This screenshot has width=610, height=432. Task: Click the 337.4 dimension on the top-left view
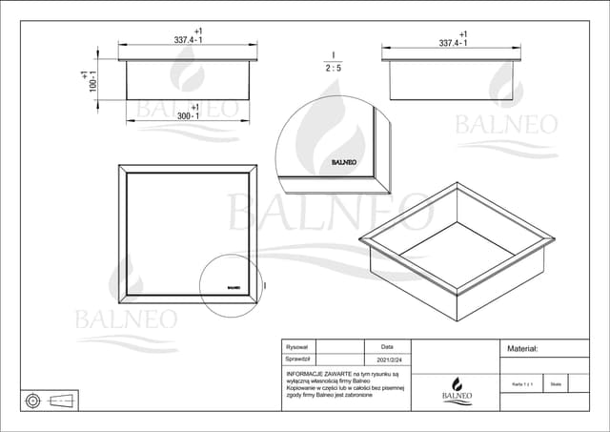coord(187,40)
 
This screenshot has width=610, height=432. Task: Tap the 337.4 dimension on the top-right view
coord(452,43)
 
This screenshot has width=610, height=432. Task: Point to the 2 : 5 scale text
coord(334,69)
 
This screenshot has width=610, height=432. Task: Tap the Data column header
coord(387,347)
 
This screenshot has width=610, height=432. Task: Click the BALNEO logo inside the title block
coord(456,388)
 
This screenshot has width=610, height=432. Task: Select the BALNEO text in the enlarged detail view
coord(344,163)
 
